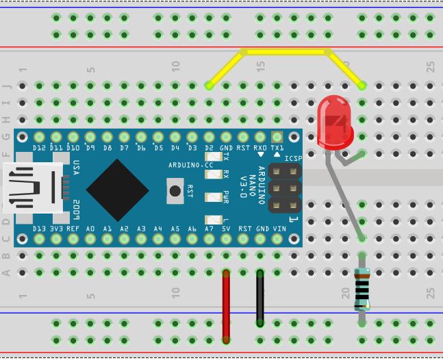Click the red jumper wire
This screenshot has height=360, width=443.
click(x=226, y=305)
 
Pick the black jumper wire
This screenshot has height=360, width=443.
click(x=260, y=298)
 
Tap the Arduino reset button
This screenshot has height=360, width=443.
click(x=175, y=190)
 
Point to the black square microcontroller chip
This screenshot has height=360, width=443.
click(x=118, y=190)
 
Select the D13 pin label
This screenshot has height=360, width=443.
click(x=39, y=229)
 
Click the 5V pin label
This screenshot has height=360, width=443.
click(x=226, y=229)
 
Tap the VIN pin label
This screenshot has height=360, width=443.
click(x=278, y=229)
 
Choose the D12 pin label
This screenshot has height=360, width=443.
click(x=39, y=148)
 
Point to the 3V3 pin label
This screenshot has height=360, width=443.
click(x=56, y=229)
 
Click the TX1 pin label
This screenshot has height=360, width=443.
click(x=277, y=148)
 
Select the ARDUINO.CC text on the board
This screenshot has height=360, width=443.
click(x=191, y=166)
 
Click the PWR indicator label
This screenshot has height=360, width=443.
click(x=225, y=197)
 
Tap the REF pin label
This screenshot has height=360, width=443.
click(x=73, y=229)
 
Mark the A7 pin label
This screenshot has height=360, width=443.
click(x=209, y=229)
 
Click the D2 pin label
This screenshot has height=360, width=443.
click(x=209, y=148)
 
